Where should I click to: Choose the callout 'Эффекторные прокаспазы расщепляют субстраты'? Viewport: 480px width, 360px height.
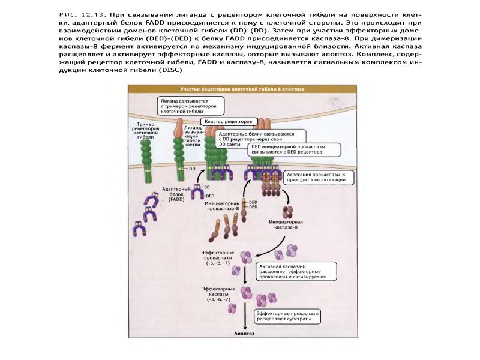pos(287,316)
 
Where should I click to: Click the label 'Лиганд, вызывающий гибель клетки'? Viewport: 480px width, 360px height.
pos(193,136)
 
